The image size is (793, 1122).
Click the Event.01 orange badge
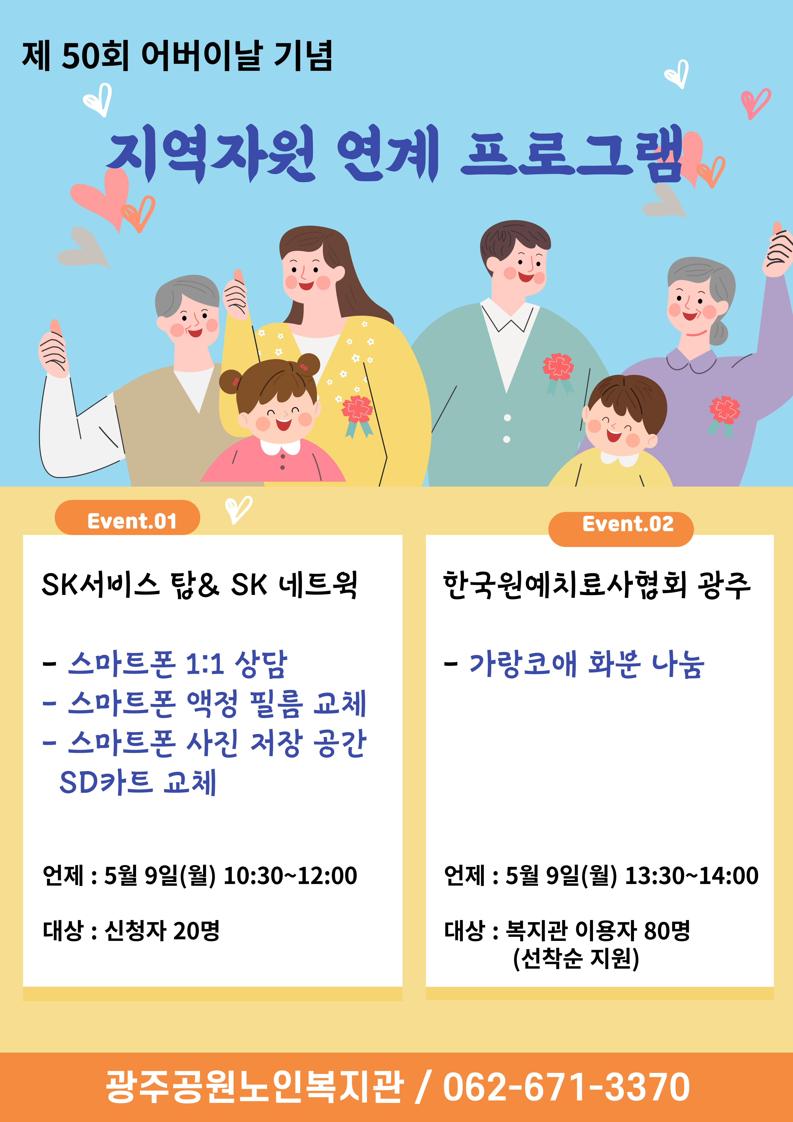tap(128, 518)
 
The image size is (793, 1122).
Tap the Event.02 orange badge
tap(621, 529)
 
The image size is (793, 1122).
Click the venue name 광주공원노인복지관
tap(255, 1088)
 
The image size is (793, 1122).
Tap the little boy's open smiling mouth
tap(613, 435)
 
